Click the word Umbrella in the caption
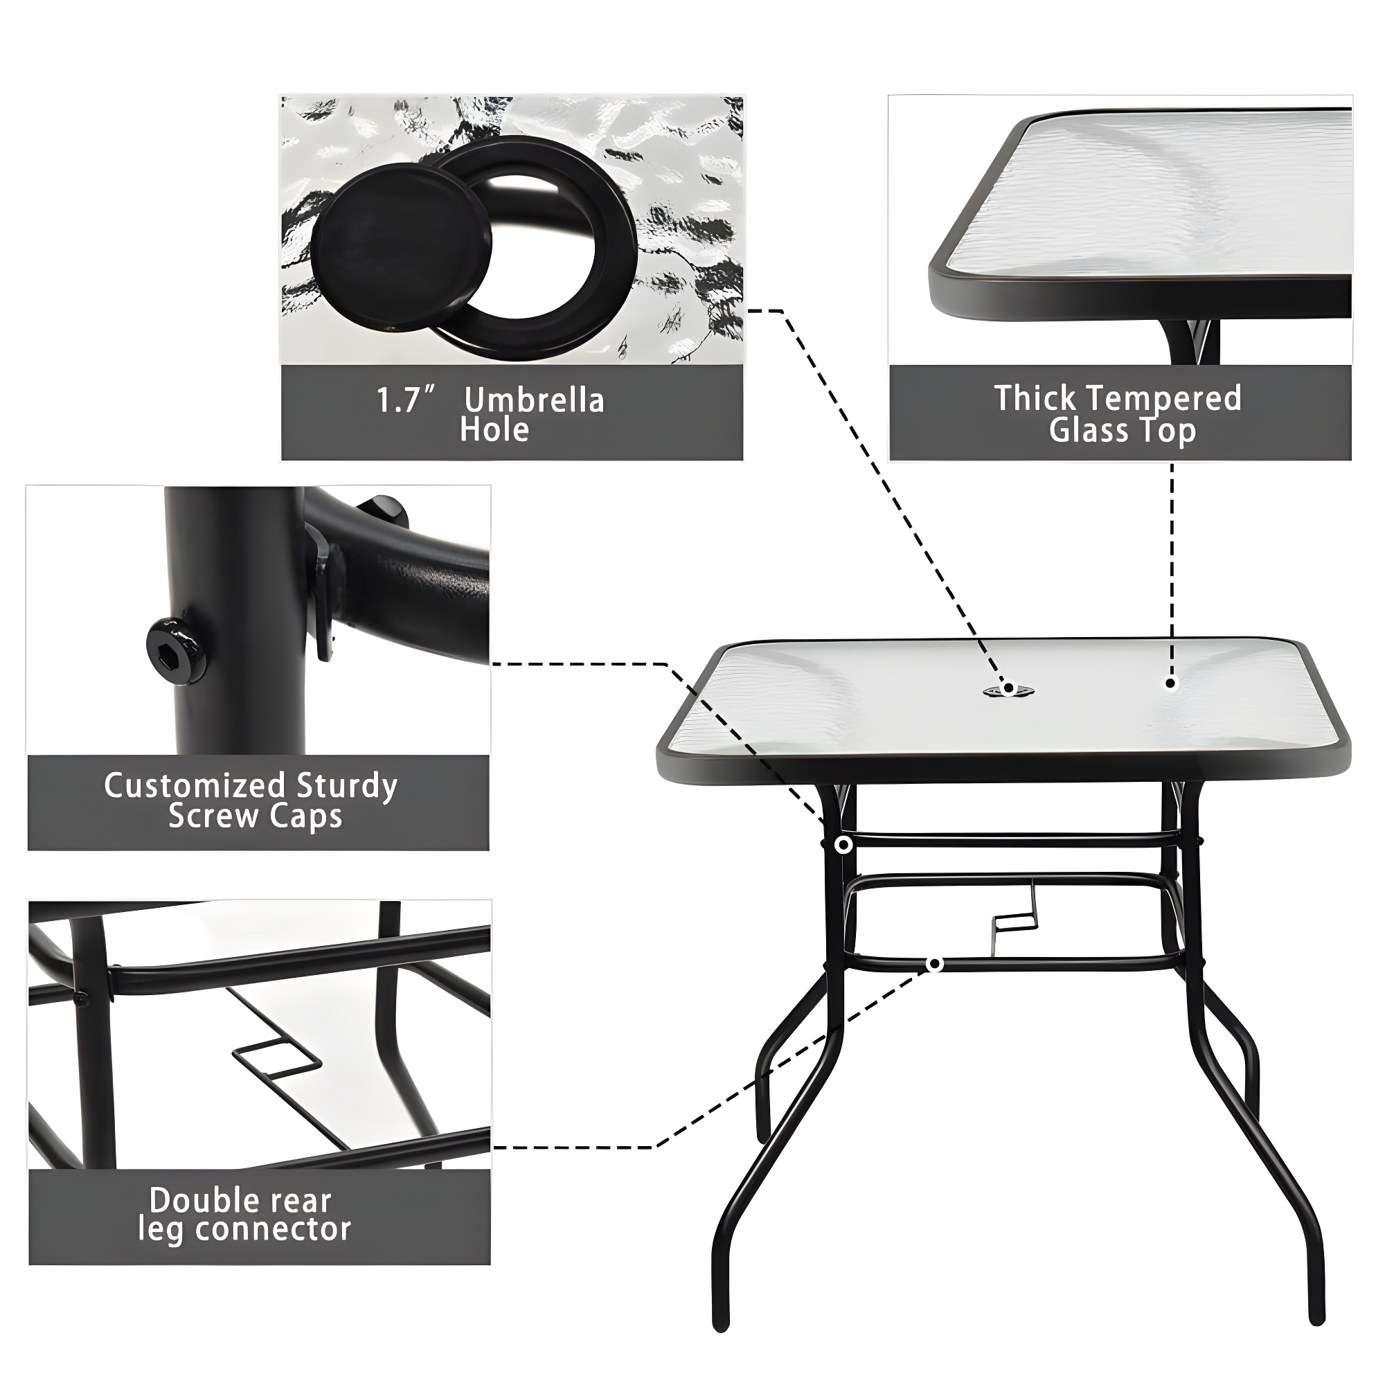534,400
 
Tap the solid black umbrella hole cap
401,245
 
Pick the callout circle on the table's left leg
843,845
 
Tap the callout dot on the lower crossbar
934,964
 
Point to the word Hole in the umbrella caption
494,429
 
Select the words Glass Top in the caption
1122,430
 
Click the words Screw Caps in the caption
256,816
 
